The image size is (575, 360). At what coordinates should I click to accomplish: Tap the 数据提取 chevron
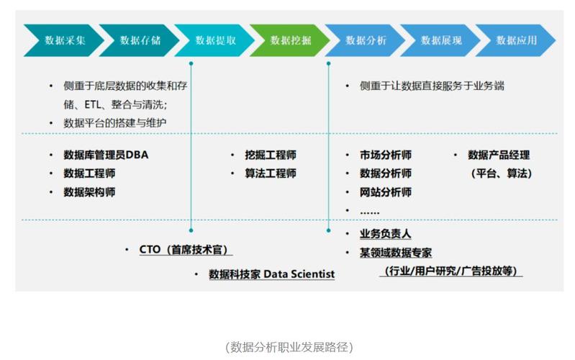[x=215, y=40]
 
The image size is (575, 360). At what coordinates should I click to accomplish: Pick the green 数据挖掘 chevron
[x=291, y=40]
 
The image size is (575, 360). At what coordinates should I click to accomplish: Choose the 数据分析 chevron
[x=366, y=40]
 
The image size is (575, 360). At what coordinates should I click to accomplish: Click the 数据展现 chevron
[x=441, y=40]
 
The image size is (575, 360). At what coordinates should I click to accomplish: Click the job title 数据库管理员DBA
[x=106, y=155]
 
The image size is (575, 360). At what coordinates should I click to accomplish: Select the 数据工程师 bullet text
[x=89, y=174]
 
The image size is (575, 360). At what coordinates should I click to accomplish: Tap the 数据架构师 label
[x=89, y=192]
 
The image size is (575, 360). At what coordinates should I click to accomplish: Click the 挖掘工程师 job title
[x=270, y=155]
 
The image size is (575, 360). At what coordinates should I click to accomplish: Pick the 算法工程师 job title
[x=270, y=174]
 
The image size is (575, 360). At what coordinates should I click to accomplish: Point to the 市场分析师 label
[x=386, y=155]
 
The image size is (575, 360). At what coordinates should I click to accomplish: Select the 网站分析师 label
[x=386, y=192]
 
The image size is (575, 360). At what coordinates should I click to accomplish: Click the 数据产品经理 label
[x=499, y=155]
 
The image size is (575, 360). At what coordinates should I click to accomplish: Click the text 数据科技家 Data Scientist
[x=271, y=274]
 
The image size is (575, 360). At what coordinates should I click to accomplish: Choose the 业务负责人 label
[x=386, y=234]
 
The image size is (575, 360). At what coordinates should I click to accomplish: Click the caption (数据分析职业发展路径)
[x=288, y=346]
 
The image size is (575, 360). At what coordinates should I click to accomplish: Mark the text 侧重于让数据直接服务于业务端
[x=432, y=86]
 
